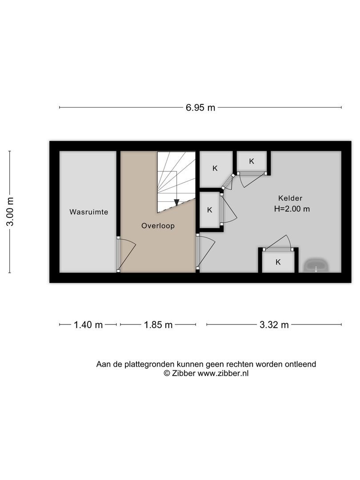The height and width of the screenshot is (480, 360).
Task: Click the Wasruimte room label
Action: pyautogui.click(x=89, y=212)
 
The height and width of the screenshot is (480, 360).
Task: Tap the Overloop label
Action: pyautogui.click(x=158, y=226)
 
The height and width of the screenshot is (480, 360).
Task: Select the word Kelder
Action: pyautogui.click(x=290, y=198)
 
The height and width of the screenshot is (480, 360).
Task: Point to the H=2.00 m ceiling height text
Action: pyautogui.click(x=292, y=209)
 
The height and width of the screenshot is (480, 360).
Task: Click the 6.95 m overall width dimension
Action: pyautogui.click(x=200, y=108)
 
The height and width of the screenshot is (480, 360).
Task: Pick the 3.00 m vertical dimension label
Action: pyautogui.click(x=10, y=212)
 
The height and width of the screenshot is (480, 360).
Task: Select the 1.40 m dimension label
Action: pyautogui.click(x=88, y=324)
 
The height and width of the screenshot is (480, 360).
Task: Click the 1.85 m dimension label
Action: pyautogui.click(x=158, y=324)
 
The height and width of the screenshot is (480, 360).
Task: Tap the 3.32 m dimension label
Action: pyautogui.click(x=274, y=324)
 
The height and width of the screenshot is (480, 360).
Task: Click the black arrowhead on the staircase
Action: pyautogui.click(x=176, y=202)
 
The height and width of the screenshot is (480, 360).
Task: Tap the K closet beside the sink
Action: pyautogui.click(x=278, y=262)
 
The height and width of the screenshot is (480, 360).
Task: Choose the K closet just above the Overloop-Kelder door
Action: pyautogui.click(x=210, y=210)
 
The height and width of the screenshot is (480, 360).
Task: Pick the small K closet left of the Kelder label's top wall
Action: pyautogui.click(x=252, y=161)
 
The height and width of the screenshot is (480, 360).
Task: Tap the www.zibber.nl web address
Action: pyautogui.click(x=223, y=373)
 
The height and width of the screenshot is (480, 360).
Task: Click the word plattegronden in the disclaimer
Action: pyautogui.click(x=149, y=364)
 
